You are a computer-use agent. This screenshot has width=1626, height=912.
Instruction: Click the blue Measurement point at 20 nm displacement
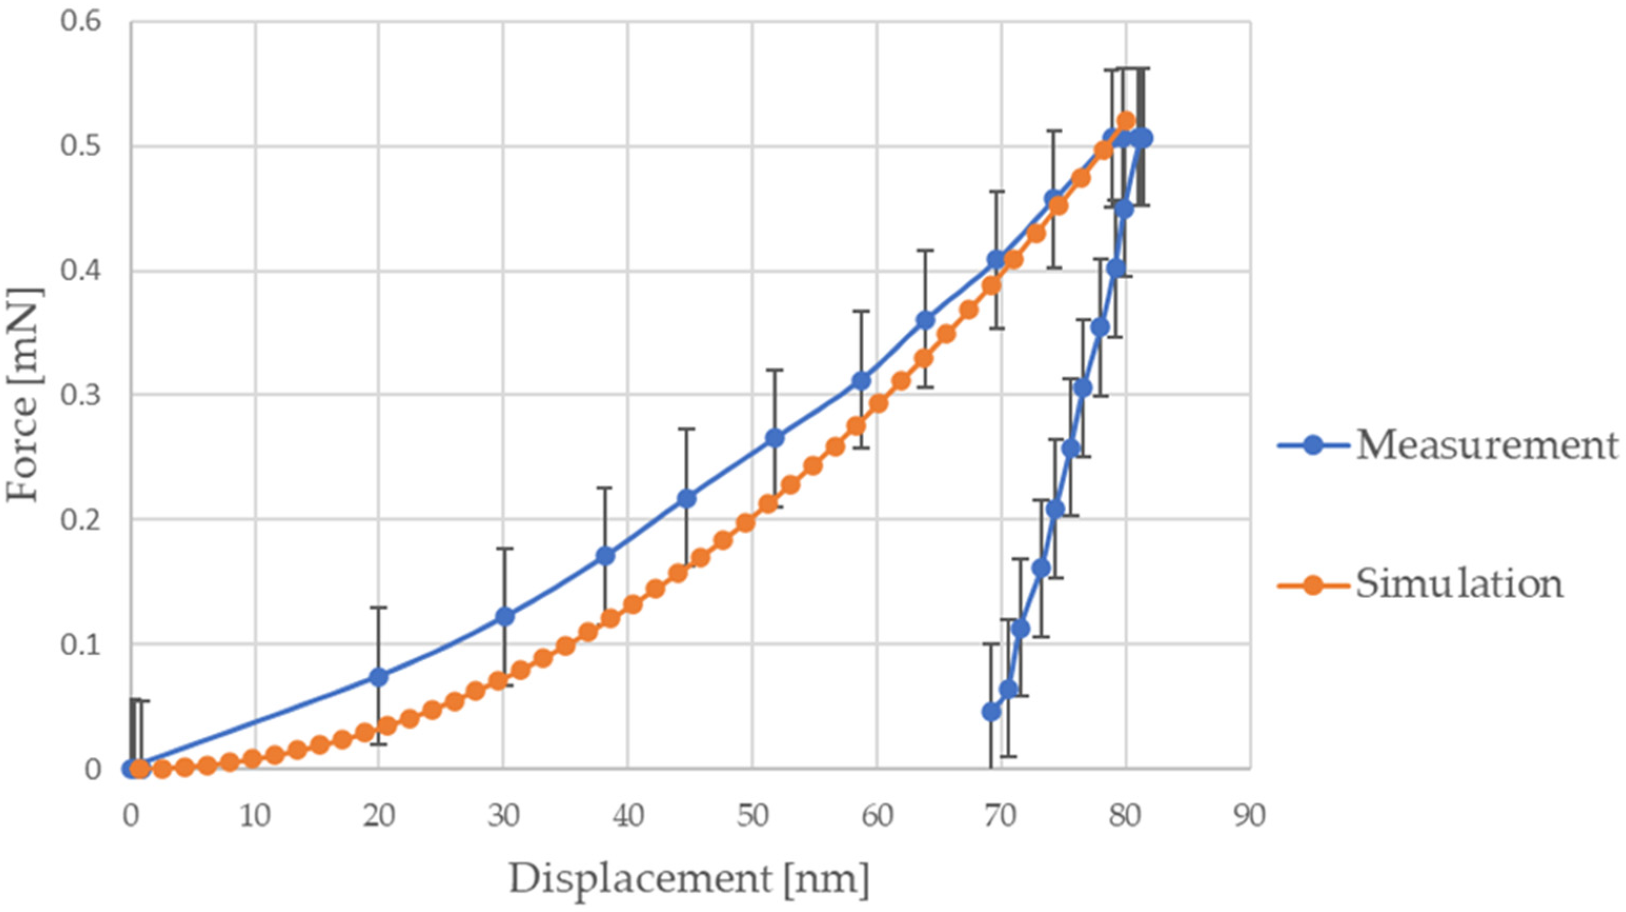[x=378, y=677]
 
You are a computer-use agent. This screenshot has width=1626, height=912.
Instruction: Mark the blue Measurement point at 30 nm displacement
[x=504, y=616]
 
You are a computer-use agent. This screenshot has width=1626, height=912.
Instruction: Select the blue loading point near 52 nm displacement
[x=775, y=438]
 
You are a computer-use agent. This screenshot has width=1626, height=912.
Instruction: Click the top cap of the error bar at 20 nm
[x=378, y=607]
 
